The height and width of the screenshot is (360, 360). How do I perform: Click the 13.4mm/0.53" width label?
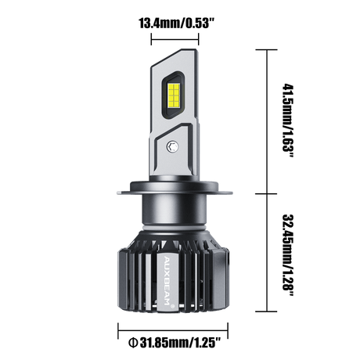[177, 23]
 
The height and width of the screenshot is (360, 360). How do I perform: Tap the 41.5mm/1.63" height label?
[288, 121]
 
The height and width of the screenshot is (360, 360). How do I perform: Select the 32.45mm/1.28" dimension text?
[288, 255]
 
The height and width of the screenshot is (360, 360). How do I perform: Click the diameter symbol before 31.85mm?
[133, 343]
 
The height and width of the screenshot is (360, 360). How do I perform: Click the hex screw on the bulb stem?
[172, 146]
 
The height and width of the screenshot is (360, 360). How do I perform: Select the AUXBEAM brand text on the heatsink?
[167, 280]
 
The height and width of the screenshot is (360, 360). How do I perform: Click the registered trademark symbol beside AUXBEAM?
[172, 307]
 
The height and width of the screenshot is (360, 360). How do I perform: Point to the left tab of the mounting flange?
[123, 193]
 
